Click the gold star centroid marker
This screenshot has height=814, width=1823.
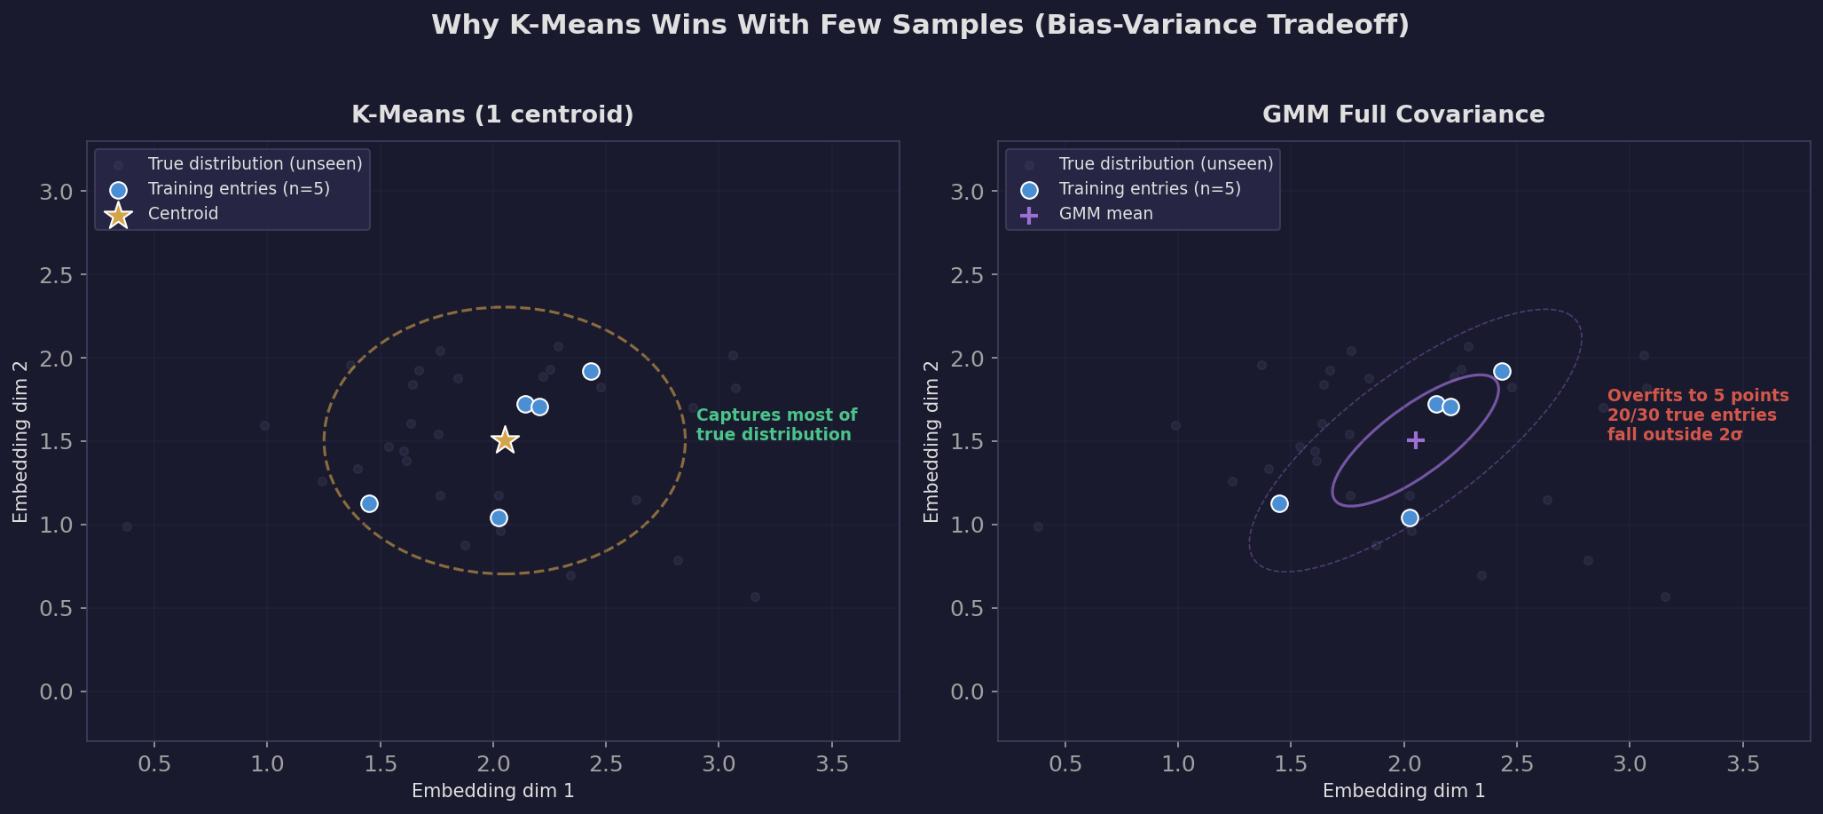[505, 439]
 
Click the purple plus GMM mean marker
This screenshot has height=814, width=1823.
[1416, 439]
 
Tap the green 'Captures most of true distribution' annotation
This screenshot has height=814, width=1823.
[776, 425]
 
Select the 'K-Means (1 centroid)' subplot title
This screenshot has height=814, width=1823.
[492, 115]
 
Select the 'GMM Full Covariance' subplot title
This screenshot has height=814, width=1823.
[1403, 115]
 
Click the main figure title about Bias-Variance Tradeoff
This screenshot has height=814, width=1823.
[919, 25]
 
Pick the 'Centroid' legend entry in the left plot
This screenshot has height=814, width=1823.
[183, 214]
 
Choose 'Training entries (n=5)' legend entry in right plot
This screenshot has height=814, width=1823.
[1150, 189]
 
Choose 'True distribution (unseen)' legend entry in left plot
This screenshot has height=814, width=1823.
[255, 164]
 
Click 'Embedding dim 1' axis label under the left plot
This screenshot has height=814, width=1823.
[492, 791]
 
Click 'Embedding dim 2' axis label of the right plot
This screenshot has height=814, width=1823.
[931, 441]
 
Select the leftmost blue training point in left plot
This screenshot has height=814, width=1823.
[370, 503]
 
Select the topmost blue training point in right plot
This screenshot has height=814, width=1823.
[1502, 371]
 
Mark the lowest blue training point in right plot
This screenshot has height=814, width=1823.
[1410, 518]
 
